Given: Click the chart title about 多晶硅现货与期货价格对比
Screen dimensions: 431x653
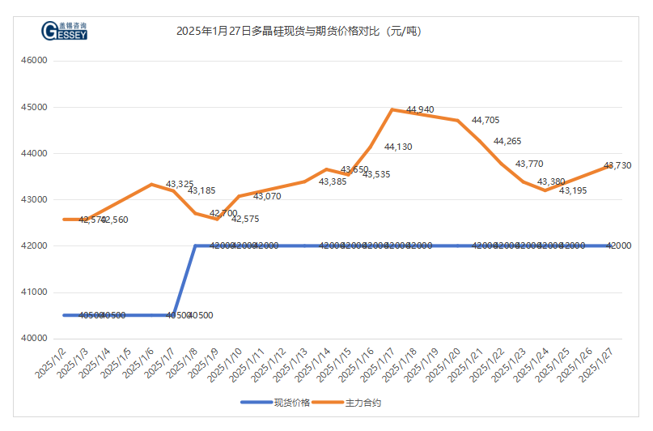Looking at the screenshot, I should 299,32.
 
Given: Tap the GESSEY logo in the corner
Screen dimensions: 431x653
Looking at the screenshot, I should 64,32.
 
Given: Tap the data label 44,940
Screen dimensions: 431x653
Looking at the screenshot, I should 420,109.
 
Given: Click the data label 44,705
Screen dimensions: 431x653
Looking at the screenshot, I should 486,120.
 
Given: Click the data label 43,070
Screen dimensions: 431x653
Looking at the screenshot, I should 267,196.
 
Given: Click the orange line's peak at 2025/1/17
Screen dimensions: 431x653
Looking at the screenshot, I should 392,109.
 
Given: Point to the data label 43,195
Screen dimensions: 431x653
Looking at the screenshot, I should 573,190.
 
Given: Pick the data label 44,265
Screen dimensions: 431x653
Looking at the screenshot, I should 507,142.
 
